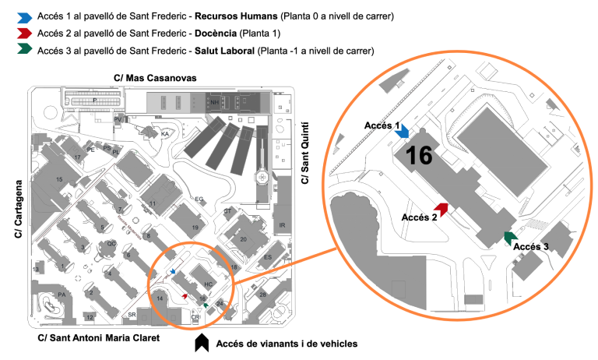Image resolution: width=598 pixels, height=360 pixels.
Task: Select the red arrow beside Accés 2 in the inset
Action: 442,209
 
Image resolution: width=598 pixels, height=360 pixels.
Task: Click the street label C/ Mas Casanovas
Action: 155,78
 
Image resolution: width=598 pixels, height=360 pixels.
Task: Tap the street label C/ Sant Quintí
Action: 304,153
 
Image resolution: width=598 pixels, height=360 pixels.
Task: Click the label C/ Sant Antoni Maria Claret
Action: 98,338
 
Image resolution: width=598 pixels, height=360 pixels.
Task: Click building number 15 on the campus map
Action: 59,179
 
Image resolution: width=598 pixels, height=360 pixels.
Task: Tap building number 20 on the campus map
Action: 244,239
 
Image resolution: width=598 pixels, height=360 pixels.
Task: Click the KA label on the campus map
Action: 164,134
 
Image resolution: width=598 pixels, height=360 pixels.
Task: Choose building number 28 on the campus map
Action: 263,295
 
